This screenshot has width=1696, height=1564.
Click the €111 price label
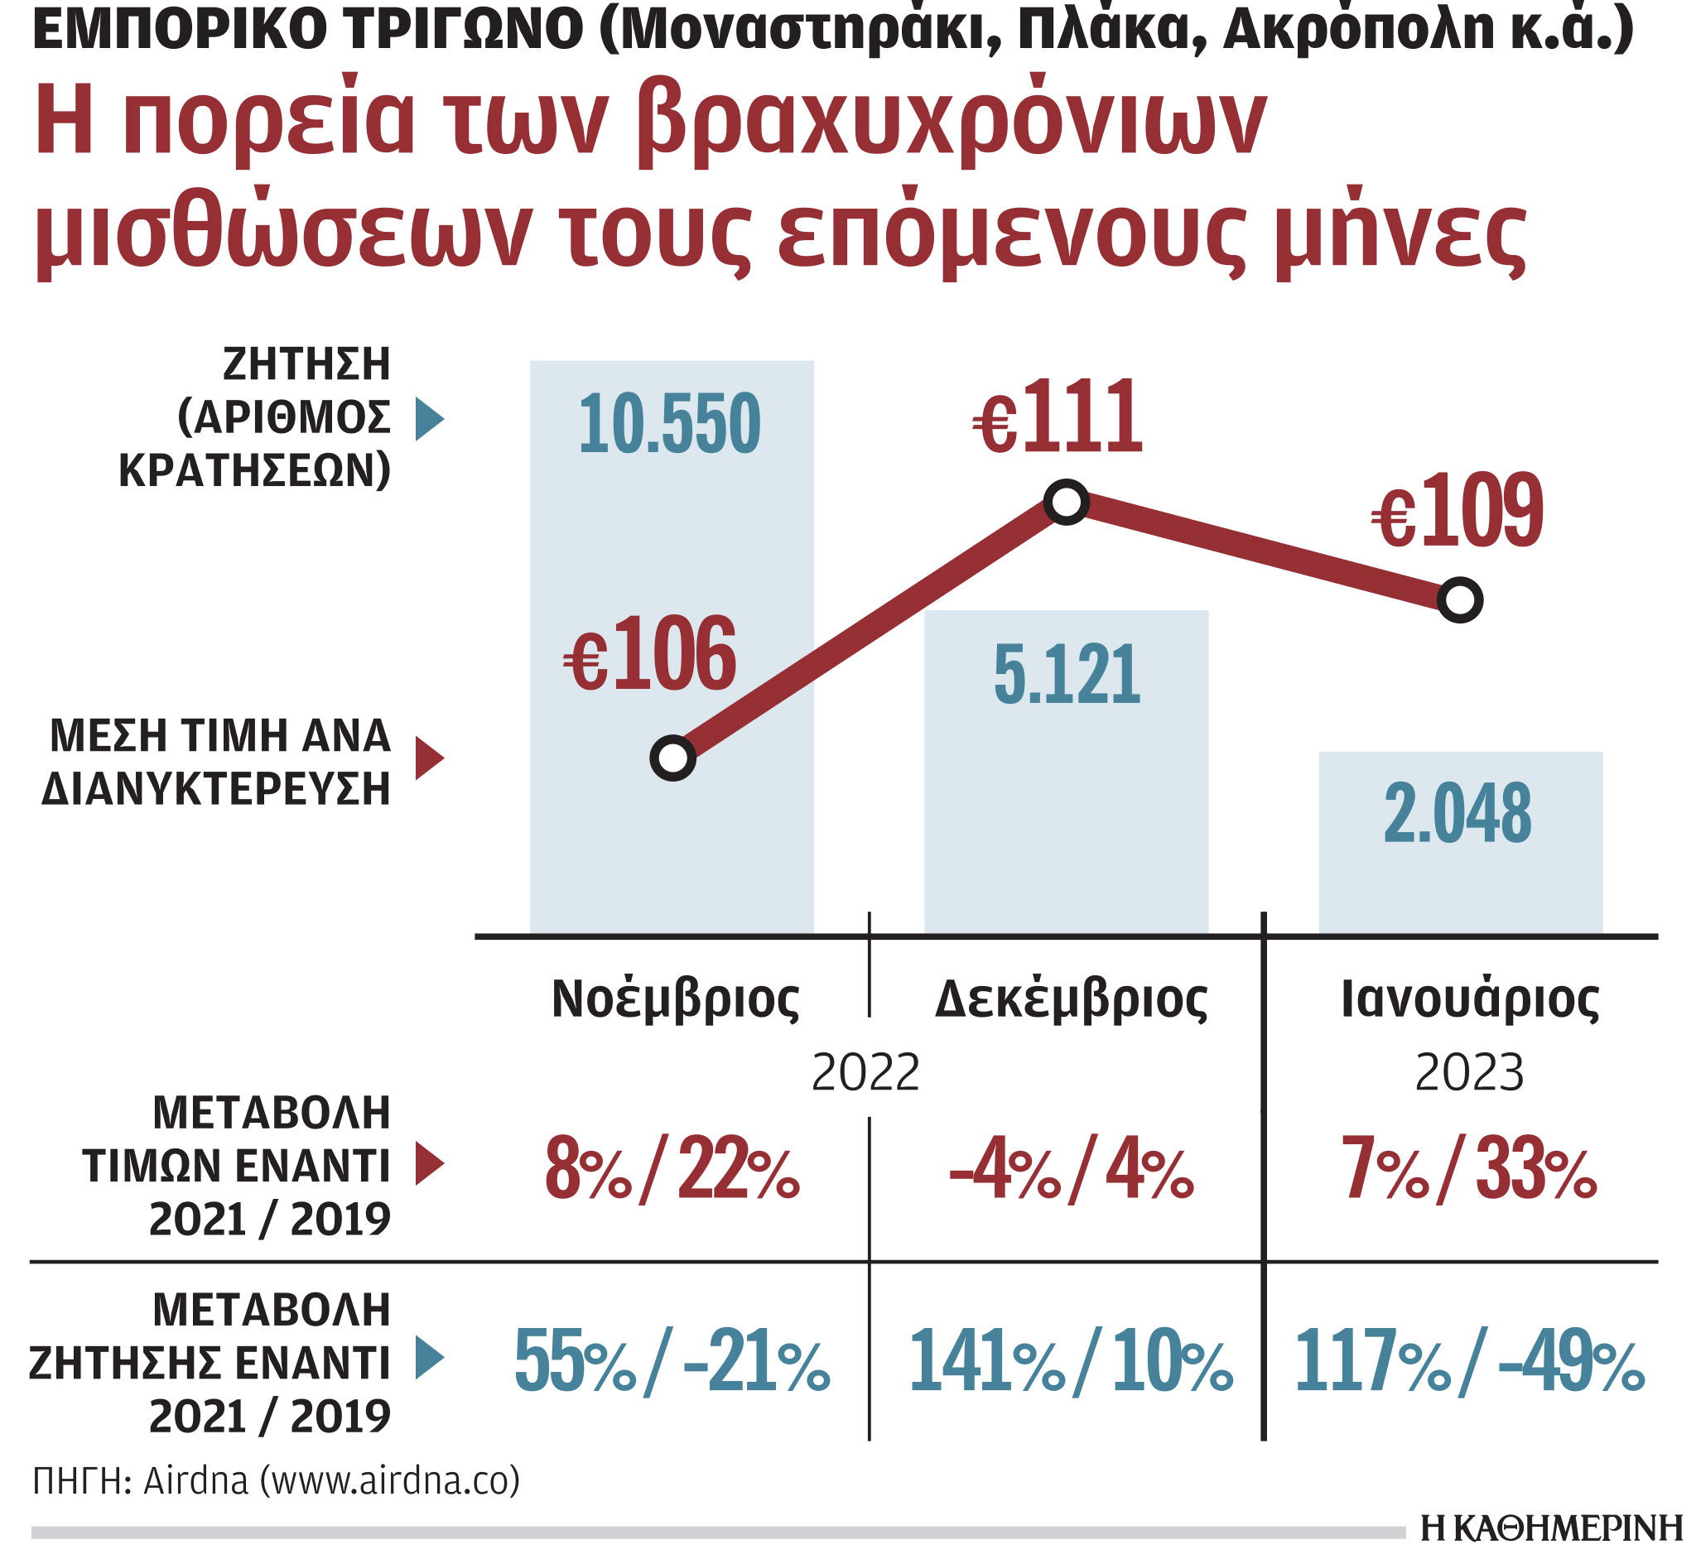(x=1058, y=418)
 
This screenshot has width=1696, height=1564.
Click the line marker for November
(x=672, y=758)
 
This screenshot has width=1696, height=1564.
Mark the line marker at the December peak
(x=1067, y=503)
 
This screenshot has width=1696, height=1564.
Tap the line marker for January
(x=1460, y=600)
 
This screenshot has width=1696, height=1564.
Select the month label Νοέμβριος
(x=676, y=999)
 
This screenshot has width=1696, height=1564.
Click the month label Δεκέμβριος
(x=1072, y=999)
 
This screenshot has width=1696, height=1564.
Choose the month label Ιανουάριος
(x=1470, y=999)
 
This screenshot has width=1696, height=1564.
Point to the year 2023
(x=1469, y=1073)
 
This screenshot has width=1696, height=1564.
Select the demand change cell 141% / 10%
(x=1070, y=1361)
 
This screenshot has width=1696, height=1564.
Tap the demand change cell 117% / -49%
(x=1469, y=1361)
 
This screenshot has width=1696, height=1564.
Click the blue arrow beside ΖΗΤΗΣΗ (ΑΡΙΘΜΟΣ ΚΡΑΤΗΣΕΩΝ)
(x=428, y=420)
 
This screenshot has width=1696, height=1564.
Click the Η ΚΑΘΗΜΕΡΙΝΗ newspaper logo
(x=1551, y=1529)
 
